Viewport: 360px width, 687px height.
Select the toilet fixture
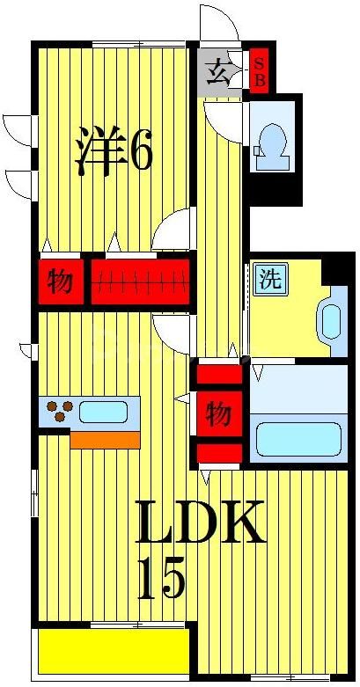coord(269,143)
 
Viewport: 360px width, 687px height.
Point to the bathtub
coord(297,437)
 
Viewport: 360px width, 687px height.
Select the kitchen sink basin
coord(104,410)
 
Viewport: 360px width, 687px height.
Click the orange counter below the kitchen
coord(105,439)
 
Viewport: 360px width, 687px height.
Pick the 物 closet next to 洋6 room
coord(60,282)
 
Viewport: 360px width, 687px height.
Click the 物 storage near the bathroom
coord(217,412)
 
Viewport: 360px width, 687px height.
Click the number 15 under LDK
coord(161,580)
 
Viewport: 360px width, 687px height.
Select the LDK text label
coord(199,524)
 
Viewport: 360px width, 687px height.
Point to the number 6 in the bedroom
coord(141,151)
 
